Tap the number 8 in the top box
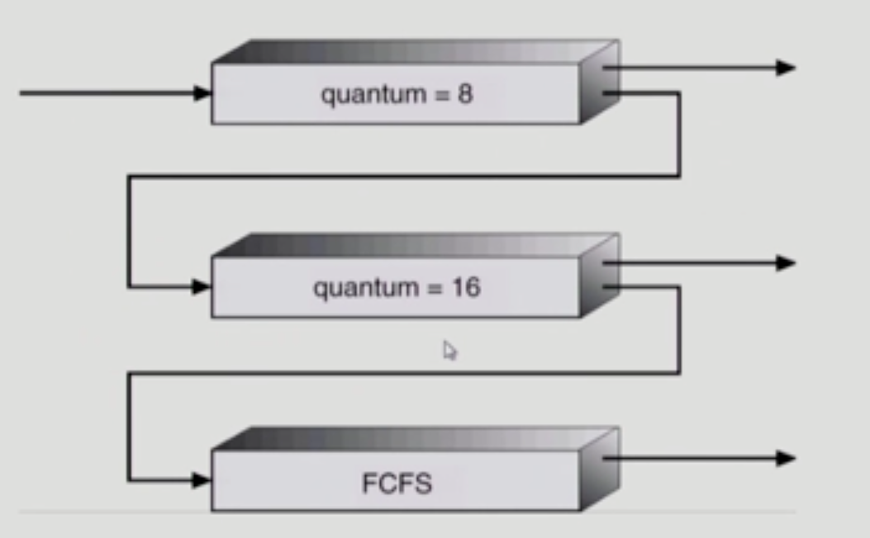click(465, 94)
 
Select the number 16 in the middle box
click(466, 288)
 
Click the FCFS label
click(397, 483)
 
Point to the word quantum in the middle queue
click(358, 289)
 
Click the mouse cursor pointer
click(449, 350)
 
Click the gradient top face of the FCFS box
click(413, 439)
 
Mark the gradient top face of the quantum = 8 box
click(413, 51)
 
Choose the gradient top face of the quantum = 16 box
click(413, 245)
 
